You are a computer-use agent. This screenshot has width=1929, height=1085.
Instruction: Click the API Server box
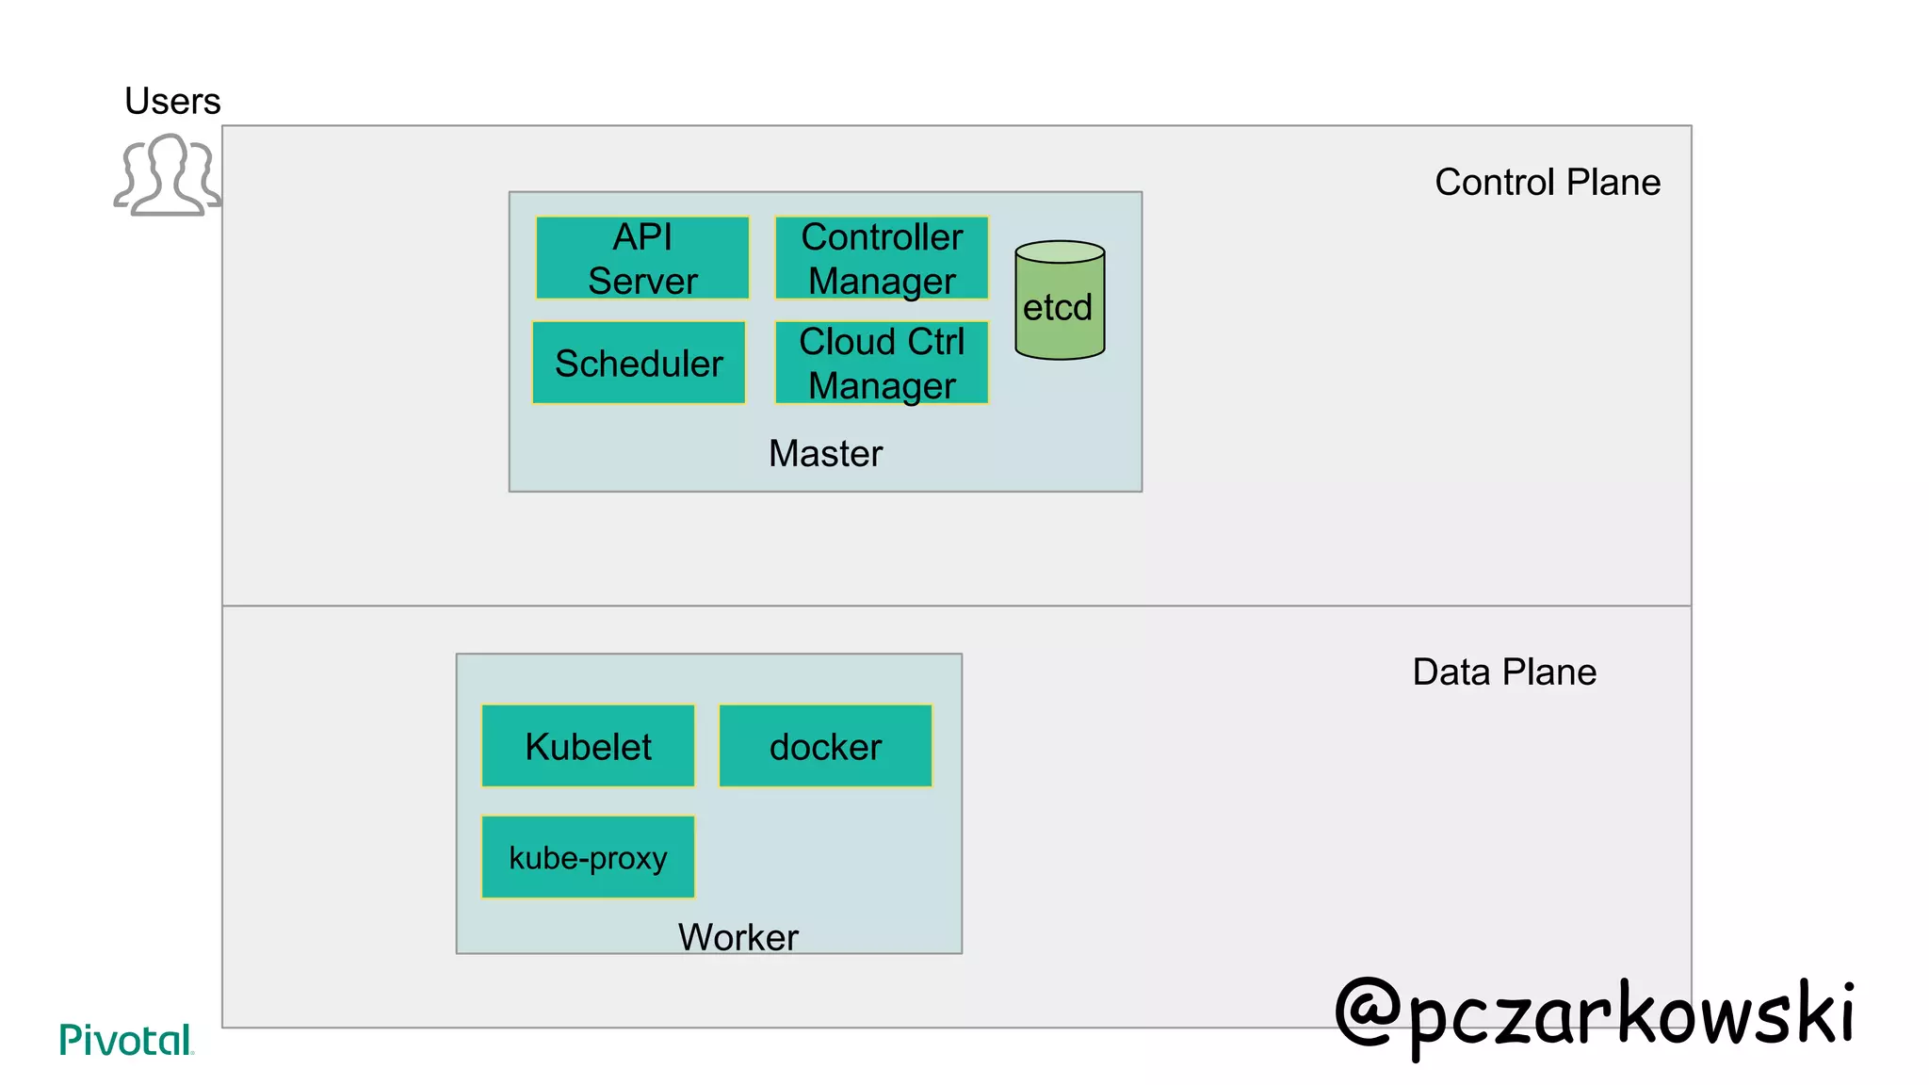[x=642, y=258]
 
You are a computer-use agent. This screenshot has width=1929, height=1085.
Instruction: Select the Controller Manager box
[x=882, y=258]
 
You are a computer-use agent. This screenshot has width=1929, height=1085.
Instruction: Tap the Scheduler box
[x=639, y=363]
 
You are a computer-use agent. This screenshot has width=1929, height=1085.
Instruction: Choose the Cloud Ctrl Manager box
[x=882, y=363]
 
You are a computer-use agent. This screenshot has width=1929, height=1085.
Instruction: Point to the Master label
[x=825, y=454]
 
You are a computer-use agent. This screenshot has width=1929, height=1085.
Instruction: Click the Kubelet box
[x=588, y=746]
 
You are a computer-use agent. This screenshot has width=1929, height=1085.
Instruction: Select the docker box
[x=825, y=746]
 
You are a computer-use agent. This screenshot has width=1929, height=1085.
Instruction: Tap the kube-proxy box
[x=588, y=857]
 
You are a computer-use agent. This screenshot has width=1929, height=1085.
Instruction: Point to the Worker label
[x=738, y=937]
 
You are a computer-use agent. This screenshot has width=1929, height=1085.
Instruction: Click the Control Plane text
[x=1547, y=182]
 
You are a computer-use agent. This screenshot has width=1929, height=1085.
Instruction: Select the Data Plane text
[x=1503, y=672]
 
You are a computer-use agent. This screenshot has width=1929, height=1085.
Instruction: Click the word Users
[x=172, y=101]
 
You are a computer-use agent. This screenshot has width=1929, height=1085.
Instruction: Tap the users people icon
[x=168, y=176]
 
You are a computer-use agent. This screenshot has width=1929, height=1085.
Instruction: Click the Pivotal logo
[x=125, y=1040]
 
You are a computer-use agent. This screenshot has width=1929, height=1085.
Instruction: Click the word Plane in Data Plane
[x=1548, y=672]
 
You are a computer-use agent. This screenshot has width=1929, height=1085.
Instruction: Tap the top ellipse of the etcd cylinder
[x=1060, y=251]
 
